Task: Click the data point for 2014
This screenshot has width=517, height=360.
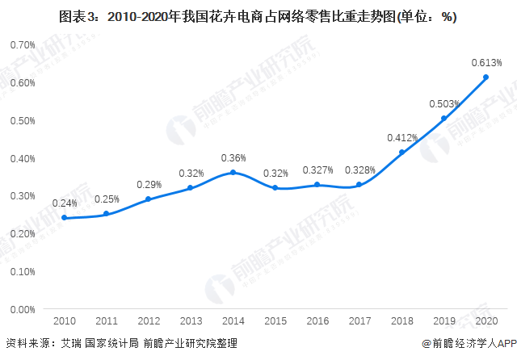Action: coord(233,172)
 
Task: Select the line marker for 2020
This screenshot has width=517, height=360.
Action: coord(485,77)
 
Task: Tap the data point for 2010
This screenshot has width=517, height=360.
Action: coord(64,218)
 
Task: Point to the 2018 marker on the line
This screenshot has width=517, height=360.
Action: coord(401,153)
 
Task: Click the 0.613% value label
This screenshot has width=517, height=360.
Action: coord(485,62)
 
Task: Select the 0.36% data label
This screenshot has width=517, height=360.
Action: coord(233,157)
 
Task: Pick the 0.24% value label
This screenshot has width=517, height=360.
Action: coord(64,203)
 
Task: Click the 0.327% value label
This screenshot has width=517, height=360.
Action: coord(317,170)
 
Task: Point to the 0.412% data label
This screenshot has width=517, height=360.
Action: coord(401,138)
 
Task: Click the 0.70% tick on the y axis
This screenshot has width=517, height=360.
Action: coord(22,44)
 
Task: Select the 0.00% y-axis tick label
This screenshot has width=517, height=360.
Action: coord(22,309)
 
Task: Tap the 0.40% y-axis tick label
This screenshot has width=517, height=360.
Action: coord(22,158)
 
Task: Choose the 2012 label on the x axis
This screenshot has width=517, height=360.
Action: coord(149,321)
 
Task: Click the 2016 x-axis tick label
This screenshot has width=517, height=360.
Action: coord(317,321)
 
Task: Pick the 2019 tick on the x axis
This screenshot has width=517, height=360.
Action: coord(443,321)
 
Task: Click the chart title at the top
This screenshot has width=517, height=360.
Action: coord(258,16)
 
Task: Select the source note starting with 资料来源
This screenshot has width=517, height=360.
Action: coord(121,344)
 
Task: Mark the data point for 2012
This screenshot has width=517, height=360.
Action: coord(149,199)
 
